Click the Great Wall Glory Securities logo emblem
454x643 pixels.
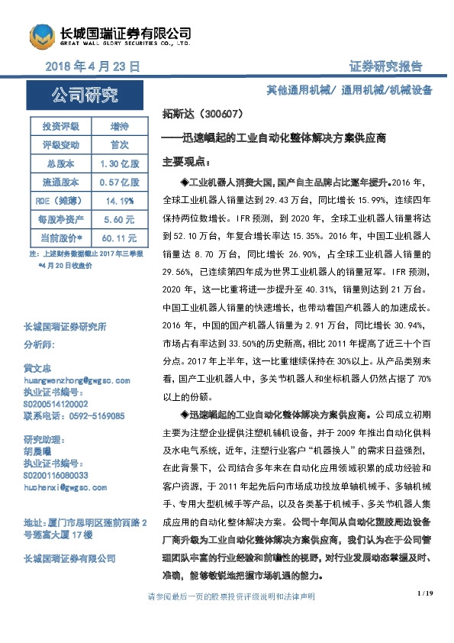click(43, 37)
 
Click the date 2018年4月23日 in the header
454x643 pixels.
click(92, 67)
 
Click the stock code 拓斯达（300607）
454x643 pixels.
click(203, 115)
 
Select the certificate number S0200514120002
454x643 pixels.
click(56, 404)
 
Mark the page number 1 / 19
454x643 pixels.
click(425, 593)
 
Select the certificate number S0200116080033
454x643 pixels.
click(56, 475)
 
